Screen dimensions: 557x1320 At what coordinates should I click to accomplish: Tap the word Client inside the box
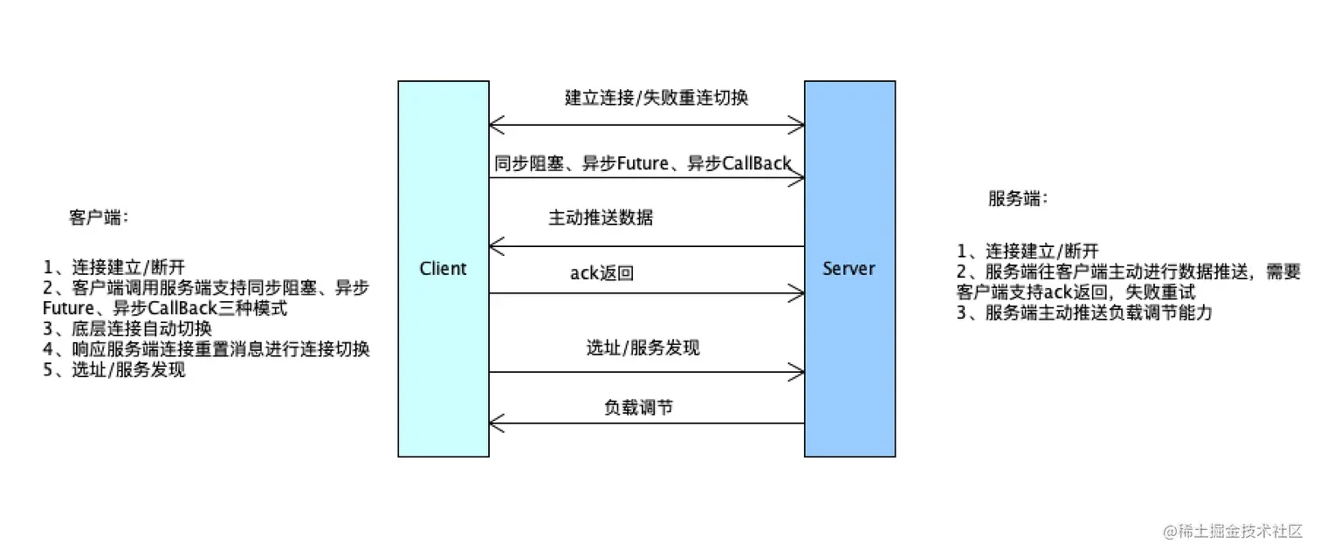(443, 268)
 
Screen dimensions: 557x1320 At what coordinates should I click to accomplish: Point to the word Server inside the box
(849, 268)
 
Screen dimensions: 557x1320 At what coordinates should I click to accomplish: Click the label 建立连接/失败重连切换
(656, 98)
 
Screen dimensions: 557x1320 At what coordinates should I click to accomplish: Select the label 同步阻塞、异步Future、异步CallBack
(643, 162)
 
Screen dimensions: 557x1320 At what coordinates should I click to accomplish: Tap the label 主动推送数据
(600, 217)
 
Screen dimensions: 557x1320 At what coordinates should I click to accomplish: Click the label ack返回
(602, 273)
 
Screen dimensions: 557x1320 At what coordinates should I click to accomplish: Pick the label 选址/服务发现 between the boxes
(643, 347)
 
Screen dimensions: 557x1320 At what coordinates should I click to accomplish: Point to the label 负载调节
(638, 407)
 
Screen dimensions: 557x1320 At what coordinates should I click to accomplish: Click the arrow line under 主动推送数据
(646, 247)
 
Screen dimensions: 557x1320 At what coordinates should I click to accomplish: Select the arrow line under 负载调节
(646, 423)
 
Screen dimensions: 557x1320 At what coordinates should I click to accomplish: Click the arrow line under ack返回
(646, 294)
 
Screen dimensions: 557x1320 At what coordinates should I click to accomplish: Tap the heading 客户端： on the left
(99, 217)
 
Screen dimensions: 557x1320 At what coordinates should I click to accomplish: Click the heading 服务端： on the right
(1018, 198)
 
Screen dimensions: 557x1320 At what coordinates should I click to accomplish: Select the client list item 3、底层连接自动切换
(127, 329)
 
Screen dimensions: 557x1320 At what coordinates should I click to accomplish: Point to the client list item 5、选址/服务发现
(114, 369)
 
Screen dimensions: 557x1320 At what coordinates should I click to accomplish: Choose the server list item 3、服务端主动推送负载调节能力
(1084, 313)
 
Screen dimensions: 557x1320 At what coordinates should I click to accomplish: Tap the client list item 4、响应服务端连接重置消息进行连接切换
(207, 349)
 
